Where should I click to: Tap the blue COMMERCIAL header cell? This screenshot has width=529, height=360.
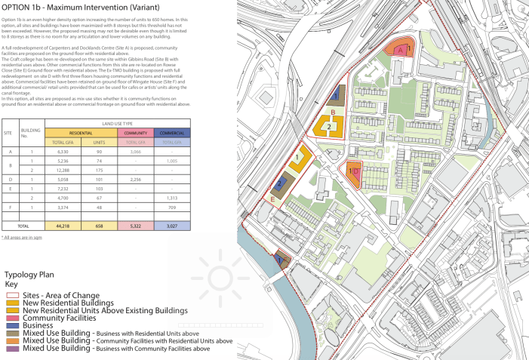click(171, 133)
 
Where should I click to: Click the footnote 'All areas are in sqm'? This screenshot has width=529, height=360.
click(21, 238)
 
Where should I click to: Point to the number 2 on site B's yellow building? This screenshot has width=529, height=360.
click(330, 127)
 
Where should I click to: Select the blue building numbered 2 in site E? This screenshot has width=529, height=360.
click(280, 183)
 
